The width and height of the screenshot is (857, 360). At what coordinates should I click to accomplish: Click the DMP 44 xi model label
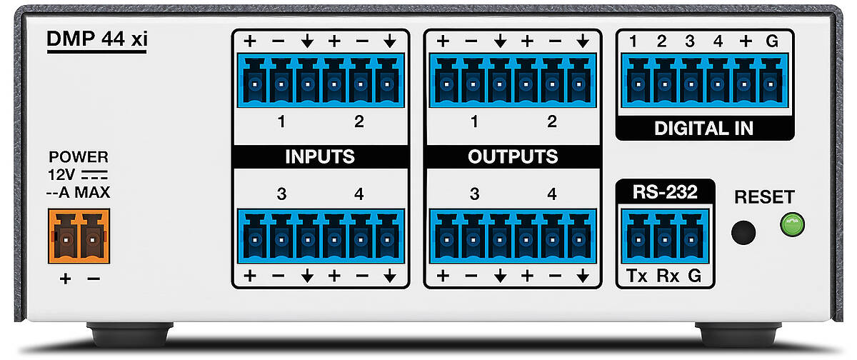pyautogui.click(x=96, y=40)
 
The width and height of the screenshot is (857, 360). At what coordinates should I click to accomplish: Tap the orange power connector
pyautogui.click(x=79, y=235)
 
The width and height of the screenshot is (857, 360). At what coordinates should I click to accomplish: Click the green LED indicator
pyautogui.click(x=792, y=226)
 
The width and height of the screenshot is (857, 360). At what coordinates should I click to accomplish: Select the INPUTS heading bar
pyautogui.click(x=321, y=156)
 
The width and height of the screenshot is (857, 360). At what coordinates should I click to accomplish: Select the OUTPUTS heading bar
pyautogui.click(x=513, y=156)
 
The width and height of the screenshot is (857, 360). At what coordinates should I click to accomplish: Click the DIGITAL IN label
pyautogui.click(x=703, y=129)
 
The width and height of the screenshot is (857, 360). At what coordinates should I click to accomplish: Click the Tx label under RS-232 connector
pyautogui.click(x=636, y=275)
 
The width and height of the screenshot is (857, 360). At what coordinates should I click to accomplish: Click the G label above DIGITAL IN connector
pyautogui.click(x=772, y=41)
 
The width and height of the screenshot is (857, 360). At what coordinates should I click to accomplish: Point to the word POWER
pyautogui.click(x=79, y=157)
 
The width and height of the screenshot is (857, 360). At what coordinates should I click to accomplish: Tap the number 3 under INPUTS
pyautogui.click(x=281, y=194)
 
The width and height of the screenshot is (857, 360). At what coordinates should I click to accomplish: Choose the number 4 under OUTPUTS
pyautogui.click(x=551, y=194)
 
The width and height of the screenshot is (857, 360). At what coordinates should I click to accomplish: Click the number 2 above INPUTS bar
pyautogui.click(x=359, y=122)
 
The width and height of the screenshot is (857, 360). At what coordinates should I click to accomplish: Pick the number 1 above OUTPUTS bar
pyautogui.click(x=474, y=122)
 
